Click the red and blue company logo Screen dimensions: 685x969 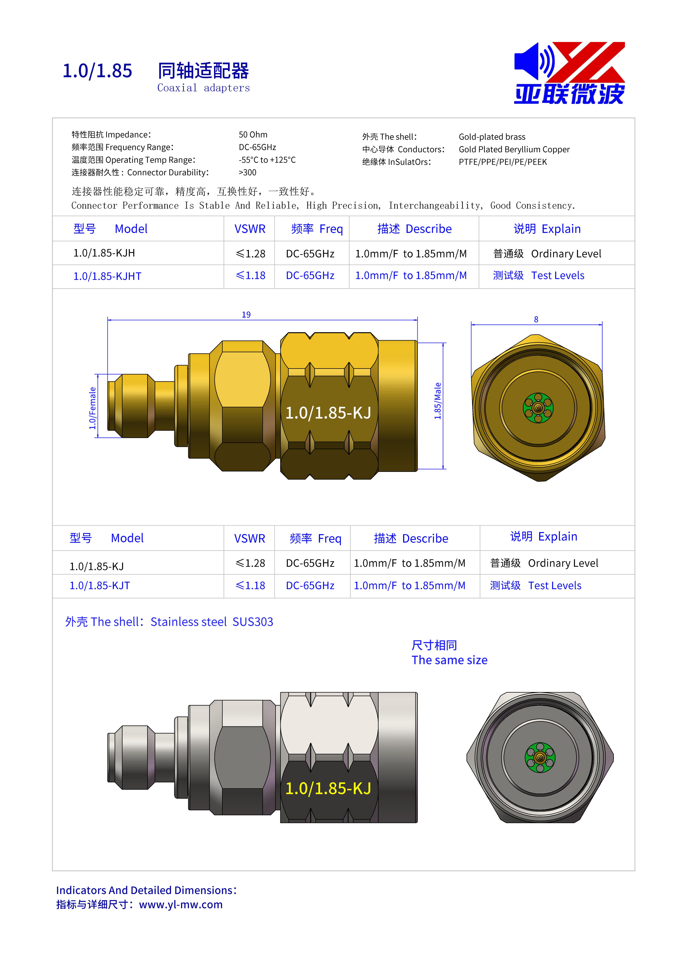[x=569, y=73]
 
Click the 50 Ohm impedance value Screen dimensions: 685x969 [x=253, y=135]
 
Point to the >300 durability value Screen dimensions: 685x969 [x=247, y=173]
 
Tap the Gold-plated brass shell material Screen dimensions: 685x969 [x=492, y=137]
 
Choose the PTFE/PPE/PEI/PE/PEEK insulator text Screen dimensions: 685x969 [x=503, y=162]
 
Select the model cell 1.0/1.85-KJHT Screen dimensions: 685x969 [x=107, y=276]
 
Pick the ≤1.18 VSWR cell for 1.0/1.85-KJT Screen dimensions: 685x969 [x=250, y=585]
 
